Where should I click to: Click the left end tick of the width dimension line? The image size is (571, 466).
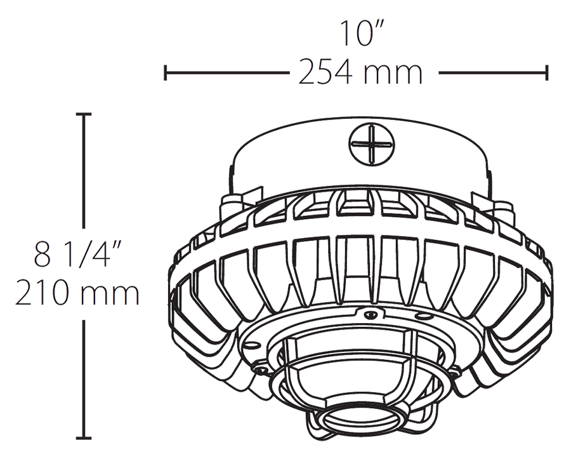tap(166, 72)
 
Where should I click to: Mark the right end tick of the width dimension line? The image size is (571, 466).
tap(546, 72)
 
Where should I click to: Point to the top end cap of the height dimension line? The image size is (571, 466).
tap(84, 114)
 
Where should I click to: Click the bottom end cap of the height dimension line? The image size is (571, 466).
tap(84, 437)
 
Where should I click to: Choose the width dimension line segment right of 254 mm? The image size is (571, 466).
tap(492, 72)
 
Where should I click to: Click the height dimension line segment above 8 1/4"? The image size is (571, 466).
tap(84, 171)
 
